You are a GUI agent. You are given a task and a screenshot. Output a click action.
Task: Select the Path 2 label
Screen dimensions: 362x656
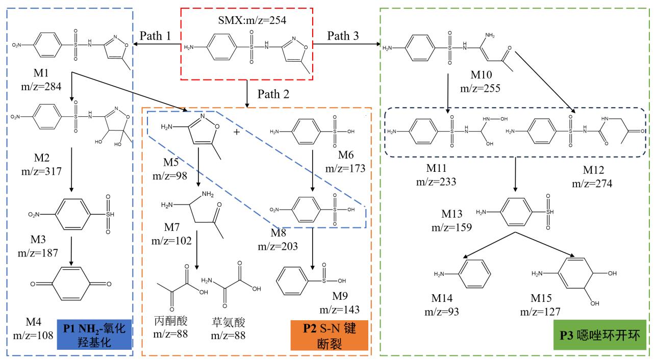(276, 94)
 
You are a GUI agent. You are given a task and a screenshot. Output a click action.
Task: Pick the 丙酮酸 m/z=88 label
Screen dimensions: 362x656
(171, 327)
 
